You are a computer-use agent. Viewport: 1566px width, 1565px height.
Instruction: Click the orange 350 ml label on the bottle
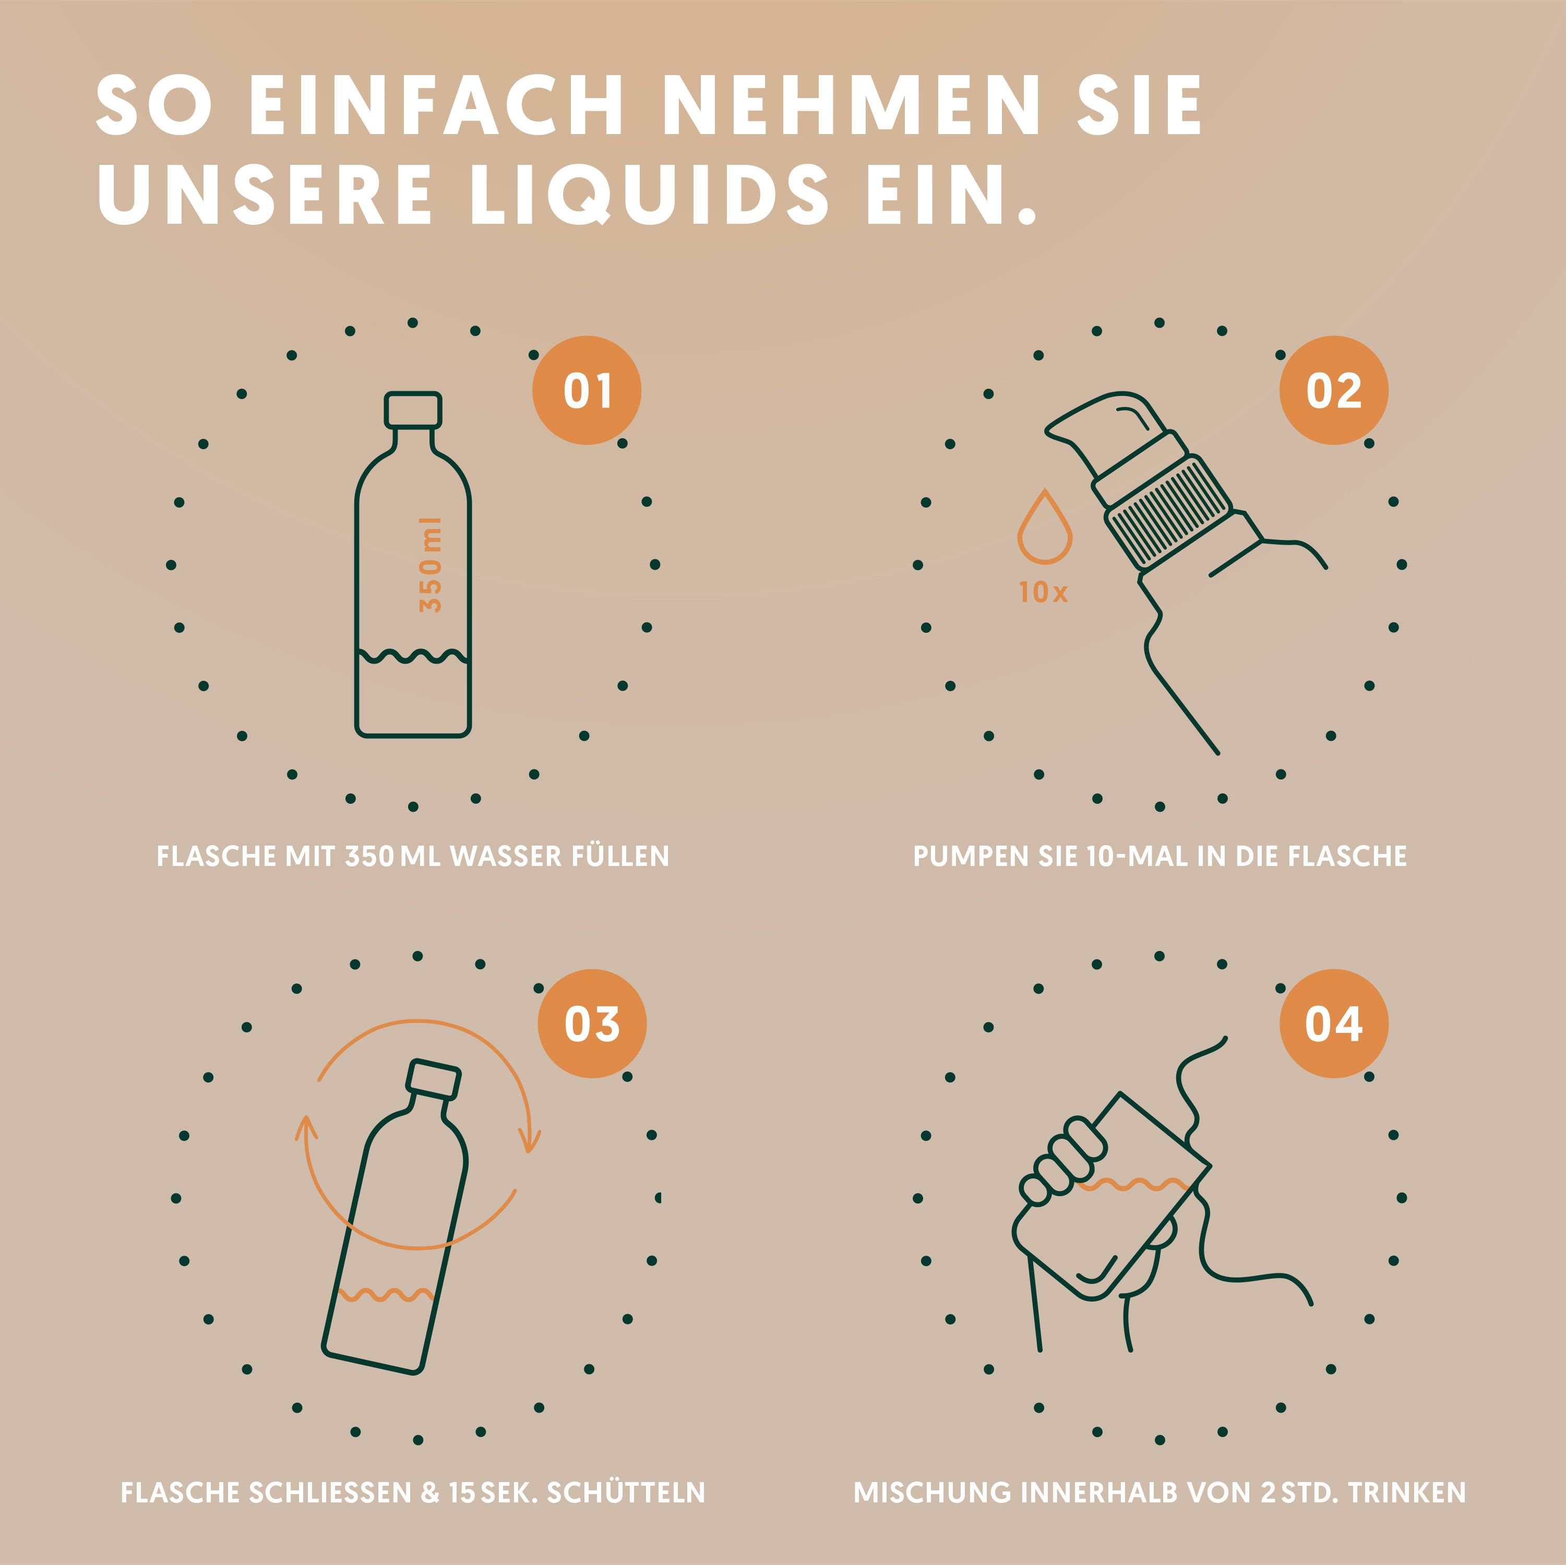(431, 565)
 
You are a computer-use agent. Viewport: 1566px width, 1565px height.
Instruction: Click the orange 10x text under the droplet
(1043, 593)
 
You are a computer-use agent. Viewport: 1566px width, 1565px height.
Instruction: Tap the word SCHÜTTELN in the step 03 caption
(626, 1492)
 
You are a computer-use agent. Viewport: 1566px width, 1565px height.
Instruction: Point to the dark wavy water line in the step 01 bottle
(413, 656)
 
